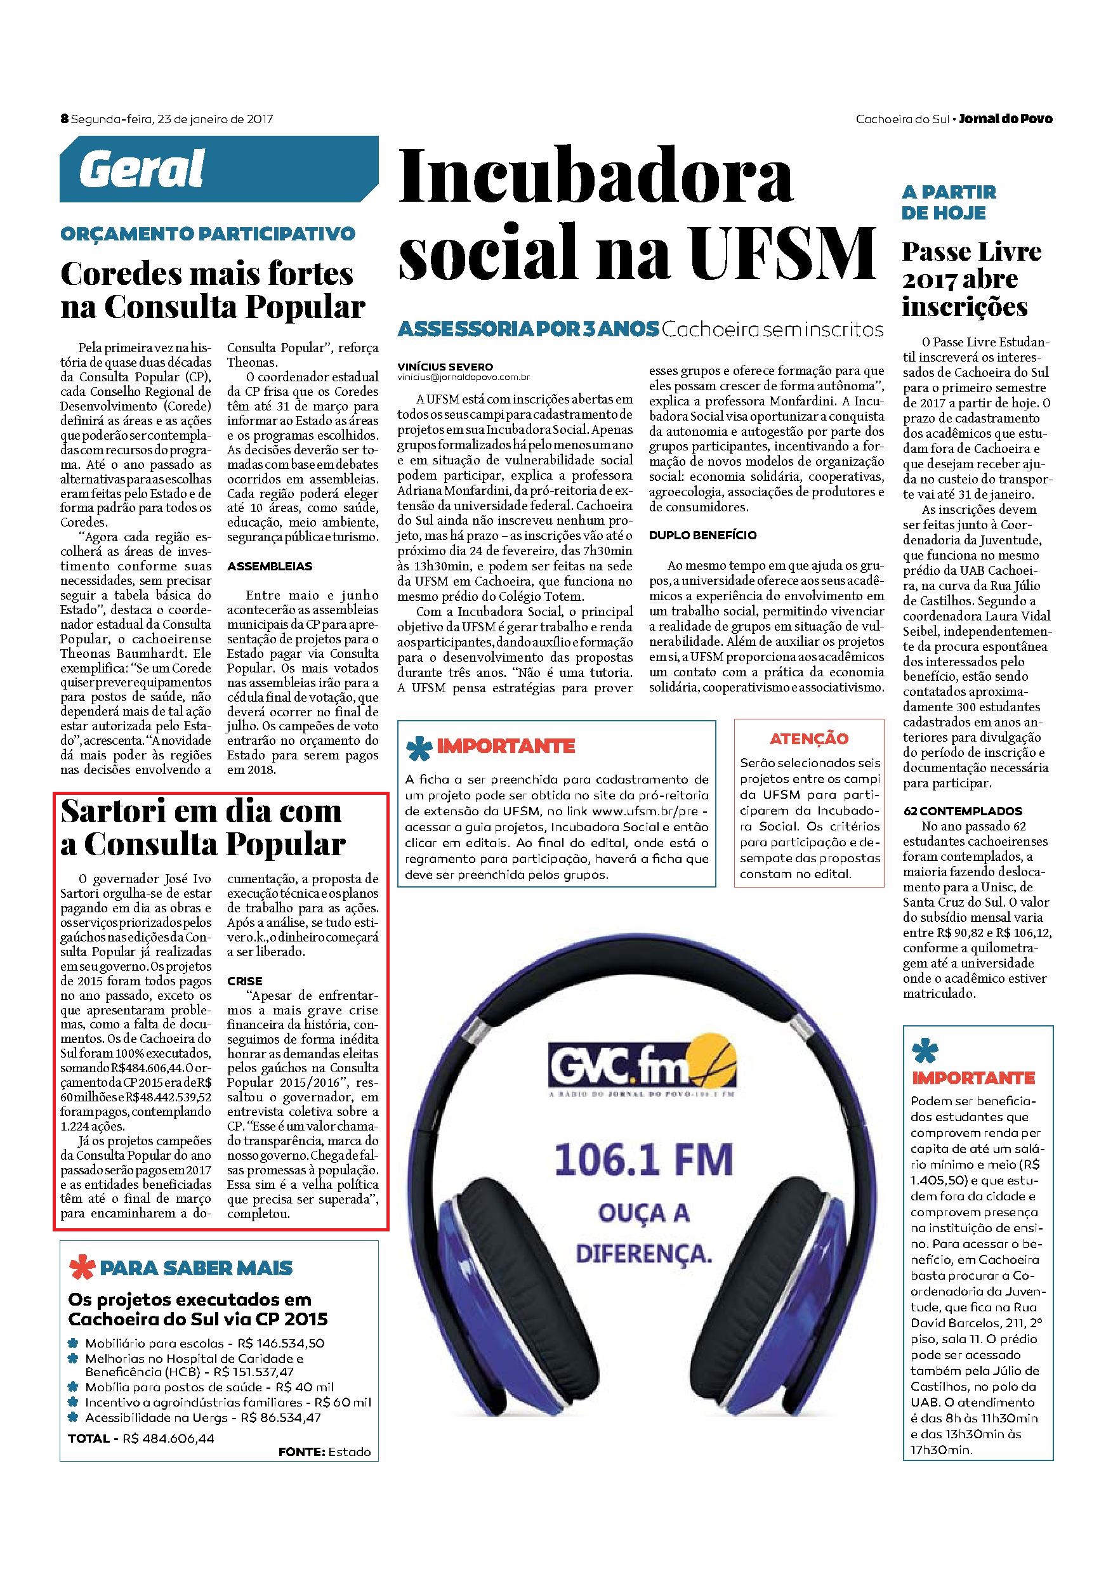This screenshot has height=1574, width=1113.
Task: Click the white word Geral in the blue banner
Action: click(x=142, y=169)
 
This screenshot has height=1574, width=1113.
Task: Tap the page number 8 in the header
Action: click(x=65, y=119)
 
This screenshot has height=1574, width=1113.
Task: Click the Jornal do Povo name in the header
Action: click(x=1005, y=119)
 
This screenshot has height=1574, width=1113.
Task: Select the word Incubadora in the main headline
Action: click(x=596, y=179)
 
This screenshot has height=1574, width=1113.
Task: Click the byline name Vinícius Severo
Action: click(x=445, y=367)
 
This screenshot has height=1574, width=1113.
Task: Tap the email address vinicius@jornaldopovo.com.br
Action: click(x=464, y=377)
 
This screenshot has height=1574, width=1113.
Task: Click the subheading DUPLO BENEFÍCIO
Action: click(x=694, y=535)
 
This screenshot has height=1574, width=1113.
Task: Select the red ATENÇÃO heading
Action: click(x=809, y=738)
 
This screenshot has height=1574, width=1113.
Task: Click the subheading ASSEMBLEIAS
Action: click(x=270, y=567)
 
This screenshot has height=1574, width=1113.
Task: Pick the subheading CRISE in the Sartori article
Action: click(x=245, y=981)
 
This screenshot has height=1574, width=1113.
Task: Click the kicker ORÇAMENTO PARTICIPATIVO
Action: click(x=207, y=233)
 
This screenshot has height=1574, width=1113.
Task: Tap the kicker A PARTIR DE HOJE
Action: click(x=949, y=202)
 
